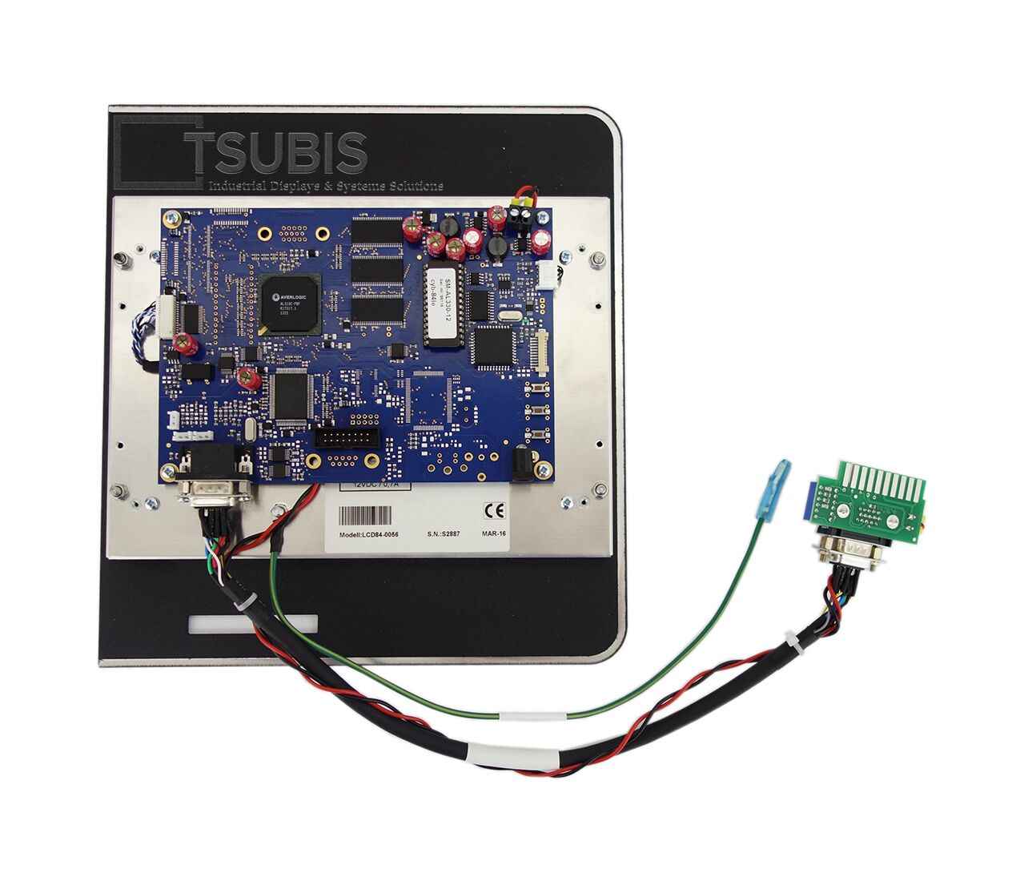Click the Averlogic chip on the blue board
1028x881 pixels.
(290, 304)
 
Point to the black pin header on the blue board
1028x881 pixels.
(347, 438)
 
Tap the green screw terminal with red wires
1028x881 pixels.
(522, 216)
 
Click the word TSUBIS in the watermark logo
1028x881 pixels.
(276, 154)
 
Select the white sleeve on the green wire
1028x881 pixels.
(533, 715)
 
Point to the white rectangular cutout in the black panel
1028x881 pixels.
(252, 624)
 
